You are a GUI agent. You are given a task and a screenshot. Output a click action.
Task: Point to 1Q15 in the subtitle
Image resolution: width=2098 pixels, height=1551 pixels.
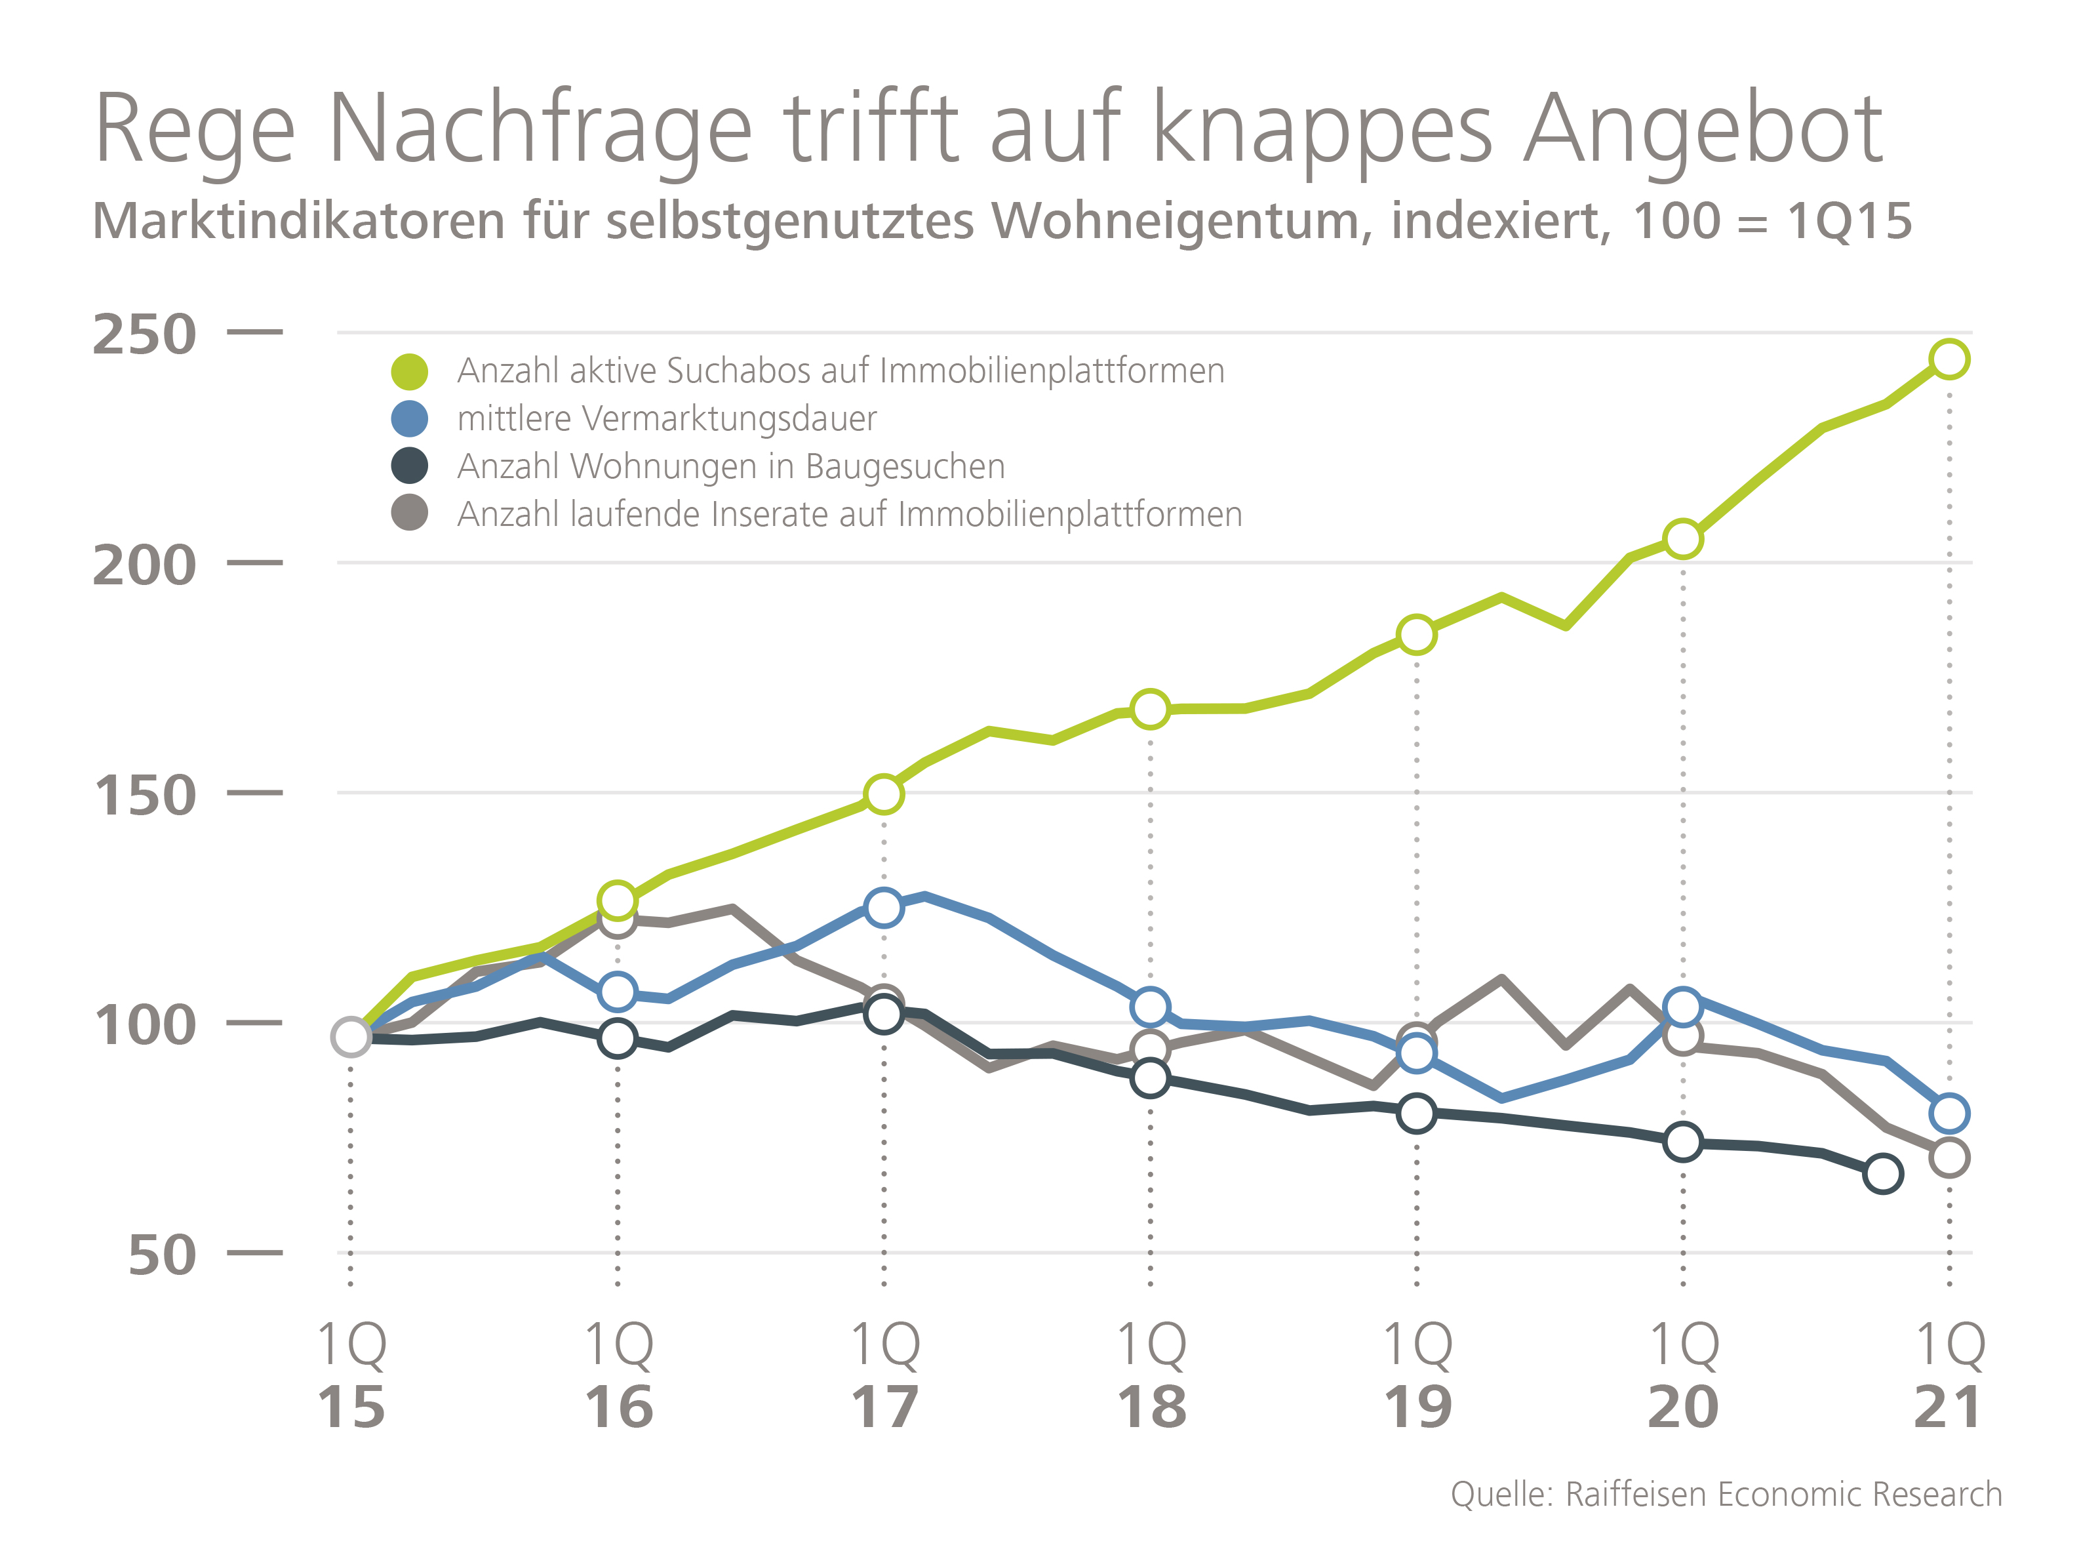point(1848,222)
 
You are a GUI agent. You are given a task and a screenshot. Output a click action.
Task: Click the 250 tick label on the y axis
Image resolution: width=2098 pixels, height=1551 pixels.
point(144,334)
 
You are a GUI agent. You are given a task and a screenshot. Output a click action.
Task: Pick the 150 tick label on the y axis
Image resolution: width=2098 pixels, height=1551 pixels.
point(144,796)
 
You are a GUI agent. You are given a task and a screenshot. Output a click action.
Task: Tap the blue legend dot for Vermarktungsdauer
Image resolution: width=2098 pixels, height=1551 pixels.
point(409,418)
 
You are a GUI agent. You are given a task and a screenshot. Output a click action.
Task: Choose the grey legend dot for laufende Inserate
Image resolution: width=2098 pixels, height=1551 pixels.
point(409,514)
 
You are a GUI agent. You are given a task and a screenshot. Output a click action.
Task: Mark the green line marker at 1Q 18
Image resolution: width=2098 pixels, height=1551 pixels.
point(1150,709)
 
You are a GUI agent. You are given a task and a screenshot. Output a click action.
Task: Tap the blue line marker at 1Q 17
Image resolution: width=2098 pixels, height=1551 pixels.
point(883,907)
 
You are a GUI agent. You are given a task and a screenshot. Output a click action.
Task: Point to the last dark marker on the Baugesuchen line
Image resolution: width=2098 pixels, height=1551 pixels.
point(1882,1173)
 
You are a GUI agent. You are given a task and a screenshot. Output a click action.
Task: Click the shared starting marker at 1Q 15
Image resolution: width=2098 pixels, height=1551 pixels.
point(350,1036)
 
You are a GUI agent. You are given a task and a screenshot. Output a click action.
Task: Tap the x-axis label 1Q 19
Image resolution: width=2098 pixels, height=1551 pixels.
point(1417,1375)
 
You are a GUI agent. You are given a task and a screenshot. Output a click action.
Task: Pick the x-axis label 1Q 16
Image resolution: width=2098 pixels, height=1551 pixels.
point(618,1375)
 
